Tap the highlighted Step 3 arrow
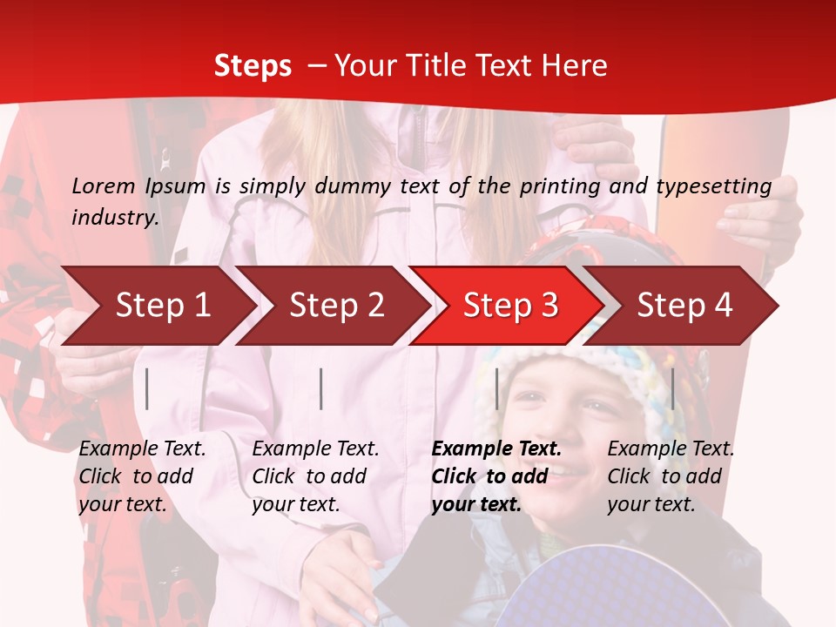pyautogui.click(x=510, y=306)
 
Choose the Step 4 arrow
pyautogui.click(x=684, y=306)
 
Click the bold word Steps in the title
pyautogui.click(x=253, y=66)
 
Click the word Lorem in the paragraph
pyautogui.click(x=104, y=185)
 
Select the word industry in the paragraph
pyautogui.click(x=115, y=217)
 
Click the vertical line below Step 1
pyautogui.click(x=147, y=388)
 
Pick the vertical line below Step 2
pyautogui.click(x=321, y=388)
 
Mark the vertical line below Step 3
pyautogui.click(x=497, y=388)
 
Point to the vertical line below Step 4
pyautogui.click(x=672, y=388)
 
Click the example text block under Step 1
pyautogui.click(x=142, y=476)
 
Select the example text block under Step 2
pyautogui.click(x=315, y=476)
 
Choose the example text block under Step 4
pyautogui.click(x=671, y=476)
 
